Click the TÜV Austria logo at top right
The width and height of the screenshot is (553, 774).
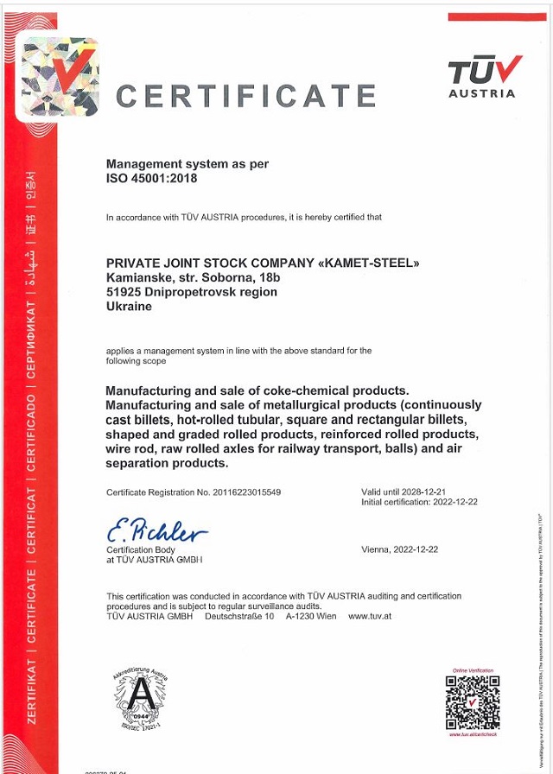(x=485, y=75)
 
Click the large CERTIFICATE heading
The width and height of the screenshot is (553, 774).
(x=245, y=96)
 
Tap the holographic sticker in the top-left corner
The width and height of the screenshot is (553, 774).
(x=60, y=76)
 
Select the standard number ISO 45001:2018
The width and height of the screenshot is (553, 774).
(x=152, y=179)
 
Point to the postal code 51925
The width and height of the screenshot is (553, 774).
(x=123, y=292)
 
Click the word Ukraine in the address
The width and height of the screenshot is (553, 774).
(x=129, y=306)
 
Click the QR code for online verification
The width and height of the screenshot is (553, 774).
(x=472, y=701)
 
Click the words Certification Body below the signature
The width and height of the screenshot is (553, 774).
(x=141, y=550)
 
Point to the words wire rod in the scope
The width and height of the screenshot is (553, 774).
(x=133, y=447)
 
